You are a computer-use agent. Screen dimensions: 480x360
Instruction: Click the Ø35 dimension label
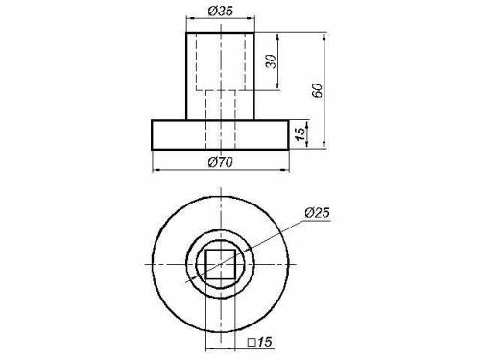220,12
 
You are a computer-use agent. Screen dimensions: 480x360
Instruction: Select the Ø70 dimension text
221,162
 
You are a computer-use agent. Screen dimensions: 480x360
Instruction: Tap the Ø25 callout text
317,213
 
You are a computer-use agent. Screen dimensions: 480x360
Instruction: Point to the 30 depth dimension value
271,61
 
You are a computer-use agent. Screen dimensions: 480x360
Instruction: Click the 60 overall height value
317,91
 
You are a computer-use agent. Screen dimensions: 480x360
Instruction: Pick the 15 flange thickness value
300,133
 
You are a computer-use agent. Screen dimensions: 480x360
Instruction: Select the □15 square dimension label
260,342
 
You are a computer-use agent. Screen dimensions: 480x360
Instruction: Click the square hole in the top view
221,265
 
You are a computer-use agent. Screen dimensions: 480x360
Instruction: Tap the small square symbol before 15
252,343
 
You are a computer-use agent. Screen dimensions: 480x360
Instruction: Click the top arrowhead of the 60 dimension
324,36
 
